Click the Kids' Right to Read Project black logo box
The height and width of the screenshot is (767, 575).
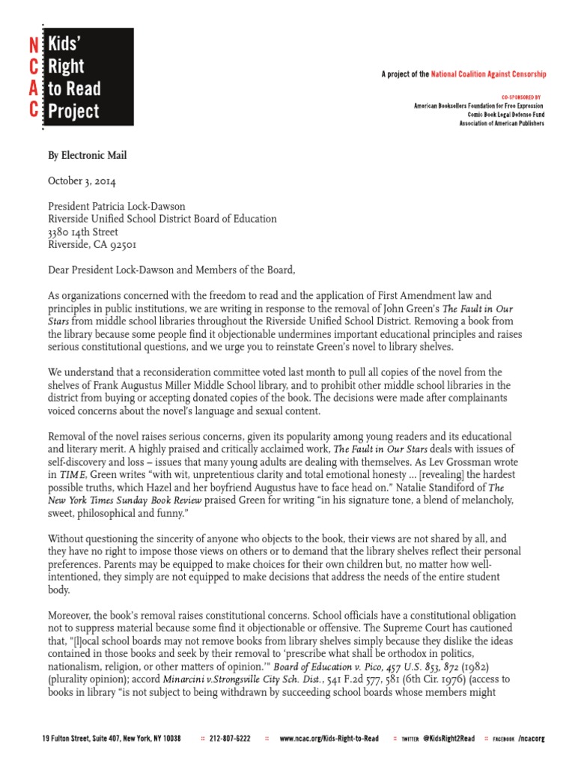[x=88, y=78]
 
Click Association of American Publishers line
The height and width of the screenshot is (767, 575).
[x=502, y=123]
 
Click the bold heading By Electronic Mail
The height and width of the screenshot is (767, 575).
[x=88, y=156]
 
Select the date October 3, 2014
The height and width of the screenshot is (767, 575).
[x=82, y=181]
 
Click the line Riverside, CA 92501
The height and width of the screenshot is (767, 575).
[x=92, y=244]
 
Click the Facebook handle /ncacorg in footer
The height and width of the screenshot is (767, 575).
[x=531, y=739]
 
